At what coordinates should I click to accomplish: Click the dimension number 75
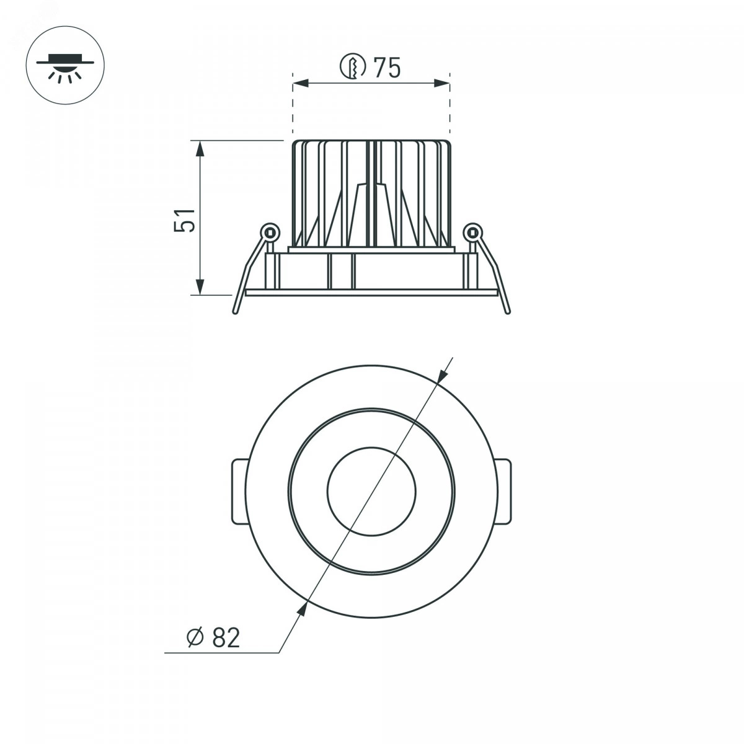point(387,68)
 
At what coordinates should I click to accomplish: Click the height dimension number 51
point(185,221)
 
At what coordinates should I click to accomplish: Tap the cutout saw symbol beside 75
point(353,67)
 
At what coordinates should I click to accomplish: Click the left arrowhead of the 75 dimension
point(301,83)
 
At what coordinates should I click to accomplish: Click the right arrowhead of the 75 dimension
point(441,83)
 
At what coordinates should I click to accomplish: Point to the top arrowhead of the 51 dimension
point(200,149)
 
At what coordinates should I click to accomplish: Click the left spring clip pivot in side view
point(269,232)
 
